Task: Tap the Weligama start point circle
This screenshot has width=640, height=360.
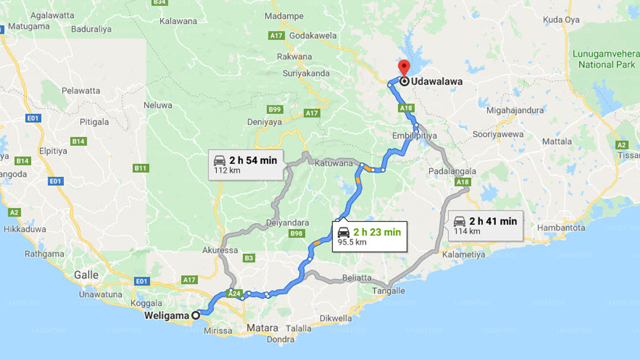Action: (x=196, y=315)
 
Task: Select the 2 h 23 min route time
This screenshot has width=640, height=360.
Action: (x=376, y=231)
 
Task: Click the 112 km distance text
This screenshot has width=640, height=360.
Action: (x=220, y=170)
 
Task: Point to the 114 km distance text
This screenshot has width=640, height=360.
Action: (x=467, y=231)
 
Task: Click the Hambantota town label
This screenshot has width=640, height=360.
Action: (x=561, y=227)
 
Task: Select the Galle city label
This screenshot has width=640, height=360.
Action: (x=86, y=275)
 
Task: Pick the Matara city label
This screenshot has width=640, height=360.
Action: (x=262, y=328)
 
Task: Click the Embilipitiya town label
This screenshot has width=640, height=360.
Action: (x=414, y=136)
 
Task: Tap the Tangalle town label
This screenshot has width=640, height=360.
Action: (x=388, y=290)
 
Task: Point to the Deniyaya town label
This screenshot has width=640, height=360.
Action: (x=264, y=122)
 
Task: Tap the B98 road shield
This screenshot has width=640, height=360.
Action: (x=296, y=233)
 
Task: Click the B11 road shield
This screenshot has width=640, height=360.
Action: (x=141, y=168)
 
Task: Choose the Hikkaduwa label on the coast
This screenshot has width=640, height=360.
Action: (x=25, y=229)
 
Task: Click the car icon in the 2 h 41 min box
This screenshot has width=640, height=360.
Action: (x=459, y=221)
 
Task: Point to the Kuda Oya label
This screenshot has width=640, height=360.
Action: (x=561, y=20)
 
